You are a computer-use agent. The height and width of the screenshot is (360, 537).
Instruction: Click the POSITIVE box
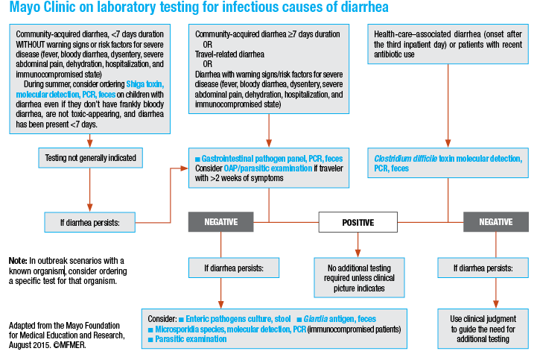click(x=357, y=222)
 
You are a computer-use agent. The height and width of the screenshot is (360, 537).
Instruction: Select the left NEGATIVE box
click(x=220, y=222)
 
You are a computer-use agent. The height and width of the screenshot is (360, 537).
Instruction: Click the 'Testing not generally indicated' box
click(x=89, y=157)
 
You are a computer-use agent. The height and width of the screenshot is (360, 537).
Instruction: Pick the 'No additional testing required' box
click(x=357, y=277)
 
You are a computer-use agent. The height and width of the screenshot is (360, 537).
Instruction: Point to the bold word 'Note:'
click(x=18, y=260)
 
